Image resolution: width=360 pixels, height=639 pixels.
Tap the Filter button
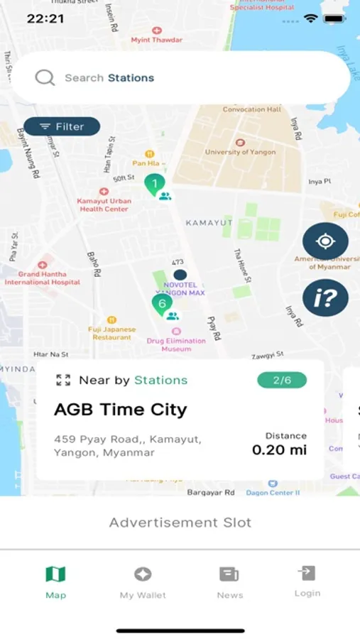coord(62,126)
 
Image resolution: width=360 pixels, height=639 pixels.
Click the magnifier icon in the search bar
coord(45,77)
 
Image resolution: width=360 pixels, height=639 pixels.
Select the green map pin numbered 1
coord(153,185)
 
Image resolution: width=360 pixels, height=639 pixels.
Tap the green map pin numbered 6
coord(162,305)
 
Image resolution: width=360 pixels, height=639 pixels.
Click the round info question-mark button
coord(325,297)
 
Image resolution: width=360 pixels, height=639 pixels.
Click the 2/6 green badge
coord(282,380)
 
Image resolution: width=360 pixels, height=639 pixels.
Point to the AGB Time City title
coord(121,410)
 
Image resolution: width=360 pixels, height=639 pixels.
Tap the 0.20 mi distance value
coord(280,450)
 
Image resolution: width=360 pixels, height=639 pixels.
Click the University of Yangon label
coord(240,151)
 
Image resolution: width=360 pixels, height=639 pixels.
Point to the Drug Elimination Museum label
coord(176,344)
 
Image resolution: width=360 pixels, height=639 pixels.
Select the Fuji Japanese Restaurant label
coord(112,333)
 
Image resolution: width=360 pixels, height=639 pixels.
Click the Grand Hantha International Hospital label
coord(43,278)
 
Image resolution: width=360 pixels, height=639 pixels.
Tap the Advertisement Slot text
coord(180,523)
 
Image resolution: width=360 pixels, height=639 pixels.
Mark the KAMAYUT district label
coord(209,223)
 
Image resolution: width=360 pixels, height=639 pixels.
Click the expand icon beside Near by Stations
coord(63,380)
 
